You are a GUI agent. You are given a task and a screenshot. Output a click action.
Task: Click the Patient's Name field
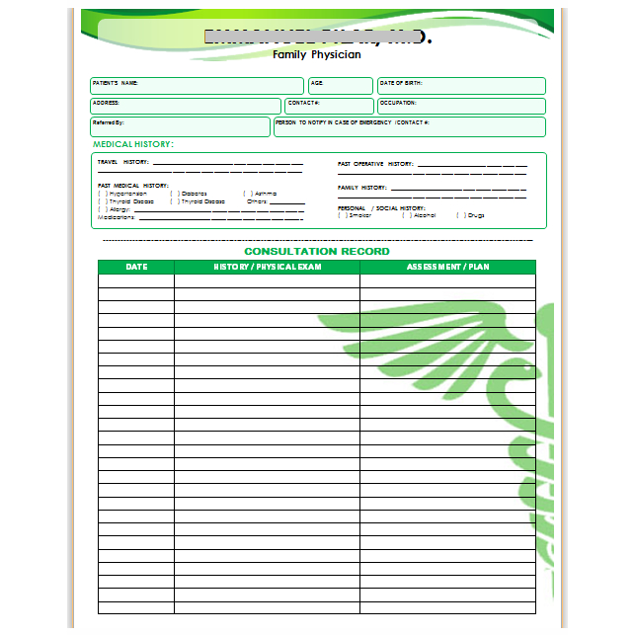coord(198,86)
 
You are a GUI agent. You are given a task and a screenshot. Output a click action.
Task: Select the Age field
coord(341,86)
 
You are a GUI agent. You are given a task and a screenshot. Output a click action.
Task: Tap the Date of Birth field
coord(461,86)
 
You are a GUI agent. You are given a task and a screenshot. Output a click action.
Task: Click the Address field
coord(186,106)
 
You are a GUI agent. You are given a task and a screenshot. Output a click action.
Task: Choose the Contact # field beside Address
coord(330,106)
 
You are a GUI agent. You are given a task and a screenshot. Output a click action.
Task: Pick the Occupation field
coord(461,106)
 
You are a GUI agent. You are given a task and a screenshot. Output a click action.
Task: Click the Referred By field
coord(180,126)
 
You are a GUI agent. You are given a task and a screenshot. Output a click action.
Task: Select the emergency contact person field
coord(409,126)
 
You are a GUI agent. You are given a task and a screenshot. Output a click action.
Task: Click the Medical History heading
coord(132,145)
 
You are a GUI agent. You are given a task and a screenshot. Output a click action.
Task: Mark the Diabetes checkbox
coord(173,194)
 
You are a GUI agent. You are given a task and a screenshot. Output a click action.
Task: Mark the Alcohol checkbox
coord(406,215)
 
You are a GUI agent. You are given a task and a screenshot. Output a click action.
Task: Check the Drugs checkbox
coord(459,215)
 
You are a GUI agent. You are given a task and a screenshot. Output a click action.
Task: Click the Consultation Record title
coord(316,252)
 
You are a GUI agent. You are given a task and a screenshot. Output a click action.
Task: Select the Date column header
coord(136,267)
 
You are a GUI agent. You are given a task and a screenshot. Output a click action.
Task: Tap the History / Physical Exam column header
coord(267,267)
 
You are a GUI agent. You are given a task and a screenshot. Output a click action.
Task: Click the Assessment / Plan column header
coord(447,267)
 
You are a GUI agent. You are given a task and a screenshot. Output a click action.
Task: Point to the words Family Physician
coord(316,55)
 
